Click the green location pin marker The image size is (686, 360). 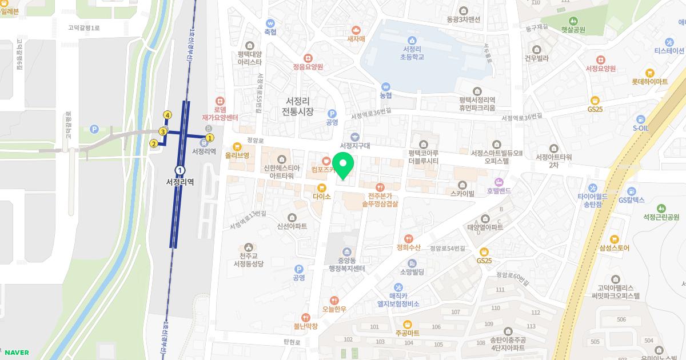pos(343,166)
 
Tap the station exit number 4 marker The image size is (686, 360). pos(167,115)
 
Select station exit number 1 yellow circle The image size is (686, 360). pos(210,137)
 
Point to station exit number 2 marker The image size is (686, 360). pos(153,143)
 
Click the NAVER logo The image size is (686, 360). pos(17,353)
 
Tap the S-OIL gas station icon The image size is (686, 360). pos(641,119)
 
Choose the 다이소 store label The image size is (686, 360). pos(322,196)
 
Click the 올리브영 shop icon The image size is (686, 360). pos(237,146)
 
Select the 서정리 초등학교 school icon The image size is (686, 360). pos(412,39)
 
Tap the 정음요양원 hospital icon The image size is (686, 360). pos(308,58)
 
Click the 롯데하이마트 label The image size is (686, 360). pos(649,82)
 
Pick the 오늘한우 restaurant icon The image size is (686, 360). pos(334,300)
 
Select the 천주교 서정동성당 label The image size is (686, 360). pos(244,260)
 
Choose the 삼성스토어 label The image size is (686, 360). pos(614,248)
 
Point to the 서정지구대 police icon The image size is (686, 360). pos(355,137)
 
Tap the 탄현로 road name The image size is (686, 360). pos(292,342)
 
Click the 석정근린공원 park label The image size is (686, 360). pos(661,217)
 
